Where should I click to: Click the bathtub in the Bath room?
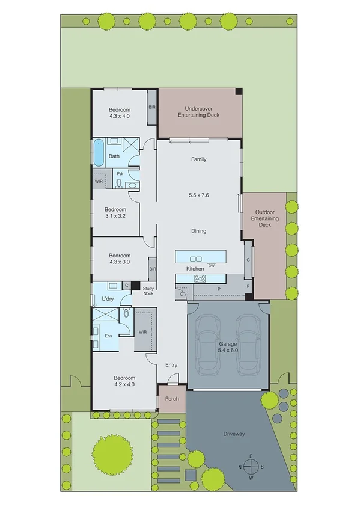[98, 152]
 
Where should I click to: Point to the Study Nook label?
[148, 291]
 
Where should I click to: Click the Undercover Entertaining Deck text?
[200, 112]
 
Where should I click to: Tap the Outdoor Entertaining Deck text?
[267, 218]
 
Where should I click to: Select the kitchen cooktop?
[200, 278]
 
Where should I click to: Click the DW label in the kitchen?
[211, 265]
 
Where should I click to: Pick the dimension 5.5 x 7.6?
[198, 195]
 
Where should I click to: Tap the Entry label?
[171, 365]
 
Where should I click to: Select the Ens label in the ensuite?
[109, 336]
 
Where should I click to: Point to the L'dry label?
[108, 299]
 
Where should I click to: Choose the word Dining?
[198, 231]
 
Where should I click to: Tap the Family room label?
[198, 159]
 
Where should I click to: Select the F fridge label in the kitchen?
[248, 287]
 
